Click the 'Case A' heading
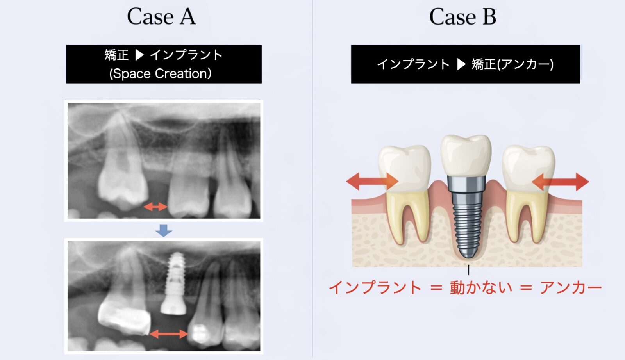point(161,16)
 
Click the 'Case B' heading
point(462,17)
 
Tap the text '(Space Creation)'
point(161,74)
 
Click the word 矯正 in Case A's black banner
point(117,55)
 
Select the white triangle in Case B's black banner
point(461,64)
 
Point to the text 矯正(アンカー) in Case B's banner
point(512,64)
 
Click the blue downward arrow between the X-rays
point(164,231)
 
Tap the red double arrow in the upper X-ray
point(155,207)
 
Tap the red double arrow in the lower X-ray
point(169,334)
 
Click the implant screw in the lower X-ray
point(174,283)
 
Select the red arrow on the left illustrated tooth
point(372,182)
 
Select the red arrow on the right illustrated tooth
point(560,182)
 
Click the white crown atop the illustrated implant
point(466,156)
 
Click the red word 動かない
point(481,287)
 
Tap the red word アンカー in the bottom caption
point(571,287)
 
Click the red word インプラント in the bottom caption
point(375,287)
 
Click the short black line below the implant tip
point(468,270)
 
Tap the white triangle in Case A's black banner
point(139,55)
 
